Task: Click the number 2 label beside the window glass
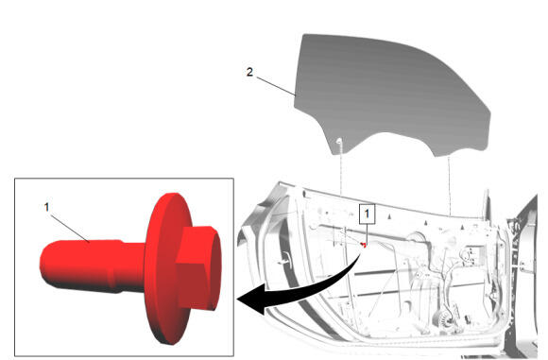click(x=249, y=73)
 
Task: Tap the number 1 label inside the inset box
click(x=47, y=207)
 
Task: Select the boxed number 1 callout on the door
click(x=367, y=214)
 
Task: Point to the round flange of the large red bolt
click(x=164, y=268)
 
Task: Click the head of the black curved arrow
click(x=251, y=299)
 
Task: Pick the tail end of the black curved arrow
click(x=361, y=254)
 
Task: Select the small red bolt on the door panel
click(x=364, y=245)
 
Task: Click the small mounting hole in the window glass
click(x=338, y=142)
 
